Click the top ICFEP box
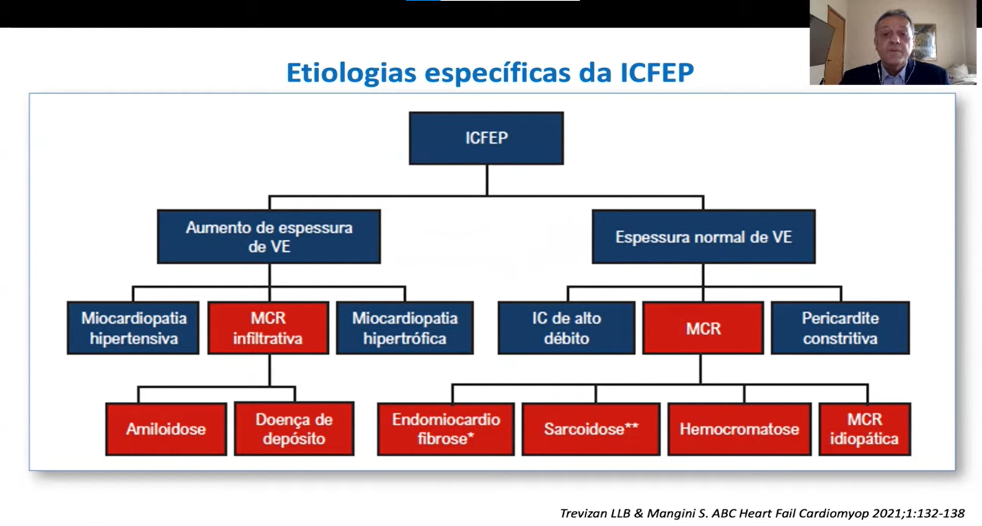coord(486,139)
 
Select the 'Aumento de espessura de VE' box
coord(269,237)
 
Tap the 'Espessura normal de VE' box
coord(704,237)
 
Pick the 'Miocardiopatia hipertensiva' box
coord(133,328)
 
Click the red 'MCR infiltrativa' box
coord(268,328)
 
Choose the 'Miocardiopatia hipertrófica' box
coord(404,328)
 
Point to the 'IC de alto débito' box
coord(567,328)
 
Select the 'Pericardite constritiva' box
coord(840,328)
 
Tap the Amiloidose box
coord(166,429)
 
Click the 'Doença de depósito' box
coord(294,429)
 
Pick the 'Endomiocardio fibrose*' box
coord(446,429)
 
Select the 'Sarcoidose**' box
coord(591,429)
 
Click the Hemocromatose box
coord(739,429)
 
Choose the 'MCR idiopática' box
coord(864,429)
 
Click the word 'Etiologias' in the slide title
coord(351,73)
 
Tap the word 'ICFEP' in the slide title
coord(657,72)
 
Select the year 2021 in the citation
coord(887,513)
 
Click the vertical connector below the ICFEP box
coord(487,180)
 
